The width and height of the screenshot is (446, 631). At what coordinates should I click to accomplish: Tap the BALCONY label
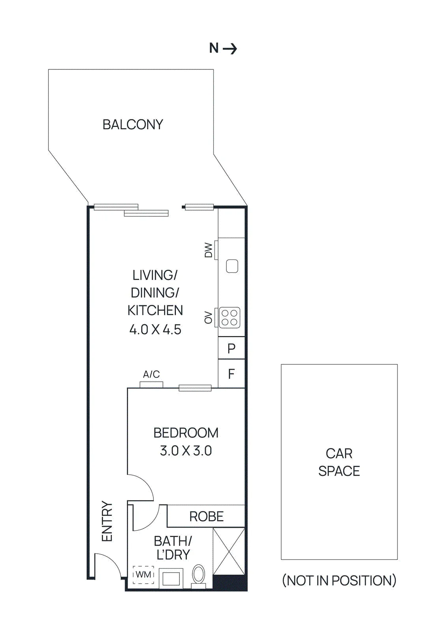[133, 125]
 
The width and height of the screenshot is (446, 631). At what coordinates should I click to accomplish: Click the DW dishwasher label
[208, 250]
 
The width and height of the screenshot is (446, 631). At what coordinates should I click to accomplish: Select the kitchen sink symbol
[232, 266]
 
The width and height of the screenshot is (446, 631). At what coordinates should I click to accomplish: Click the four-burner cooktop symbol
[230, 317]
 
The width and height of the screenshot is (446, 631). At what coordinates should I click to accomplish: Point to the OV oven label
[208, 317]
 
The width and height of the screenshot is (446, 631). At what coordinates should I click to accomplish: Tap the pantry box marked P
[231, 348]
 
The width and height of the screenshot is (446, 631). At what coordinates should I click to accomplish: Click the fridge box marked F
[231, 374]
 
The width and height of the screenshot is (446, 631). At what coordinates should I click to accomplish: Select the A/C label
[151, 374]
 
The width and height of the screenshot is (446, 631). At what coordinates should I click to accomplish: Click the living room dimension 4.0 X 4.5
[155, 329]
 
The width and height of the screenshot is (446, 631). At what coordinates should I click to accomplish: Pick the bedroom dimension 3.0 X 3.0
[186, 451]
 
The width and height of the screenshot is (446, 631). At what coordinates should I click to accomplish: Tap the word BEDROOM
[186, 433]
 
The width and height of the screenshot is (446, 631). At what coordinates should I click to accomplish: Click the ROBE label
[207, 516]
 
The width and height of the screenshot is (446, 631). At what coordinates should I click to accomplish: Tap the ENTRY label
[107, 521]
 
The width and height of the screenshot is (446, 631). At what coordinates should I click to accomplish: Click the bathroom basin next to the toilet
[171, 578]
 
